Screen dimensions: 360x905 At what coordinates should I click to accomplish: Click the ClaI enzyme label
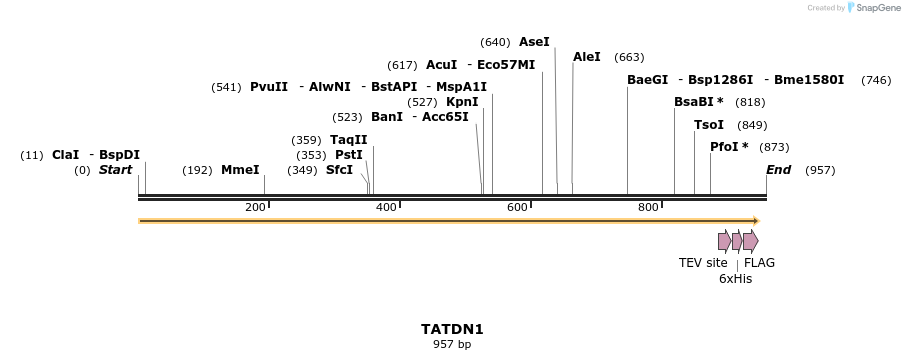coord(65,155)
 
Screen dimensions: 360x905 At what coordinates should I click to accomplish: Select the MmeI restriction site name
coord(240,170)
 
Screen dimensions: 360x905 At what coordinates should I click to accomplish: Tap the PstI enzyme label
coord(349,155)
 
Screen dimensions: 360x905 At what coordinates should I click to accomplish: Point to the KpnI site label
coord(462,102)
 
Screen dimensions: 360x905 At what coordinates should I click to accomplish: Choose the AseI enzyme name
coord(534,42)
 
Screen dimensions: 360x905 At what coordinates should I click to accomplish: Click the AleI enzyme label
coord(587,57)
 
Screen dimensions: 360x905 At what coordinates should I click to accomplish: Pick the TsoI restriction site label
coord(709,125)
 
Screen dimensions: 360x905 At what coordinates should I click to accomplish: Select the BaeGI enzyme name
coord(647,80)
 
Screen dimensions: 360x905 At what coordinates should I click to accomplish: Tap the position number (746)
coord(876,80)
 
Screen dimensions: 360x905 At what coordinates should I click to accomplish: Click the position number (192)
coord(197,170)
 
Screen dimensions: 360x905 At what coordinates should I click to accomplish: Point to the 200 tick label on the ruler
coord(255,207)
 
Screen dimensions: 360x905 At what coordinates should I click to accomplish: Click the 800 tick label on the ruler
coord(648,207)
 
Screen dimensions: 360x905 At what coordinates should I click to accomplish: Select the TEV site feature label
coord(703,263)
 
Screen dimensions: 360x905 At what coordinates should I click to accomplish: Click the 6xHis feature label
coord(735,279)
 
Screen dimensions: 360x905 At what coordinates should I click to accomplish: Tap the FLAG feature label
coord(759,263)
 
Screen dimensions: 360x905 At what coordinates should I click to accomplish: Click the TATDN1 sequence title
coord(452,328)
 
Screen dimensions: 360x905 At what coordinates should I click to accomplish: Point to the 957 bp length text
coord(452,344)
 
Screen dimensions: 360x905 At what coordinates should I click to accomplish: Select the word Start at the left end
coord(115,170)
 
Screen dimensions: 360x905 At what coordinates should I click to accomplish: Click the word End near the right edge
coord(778,170)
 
